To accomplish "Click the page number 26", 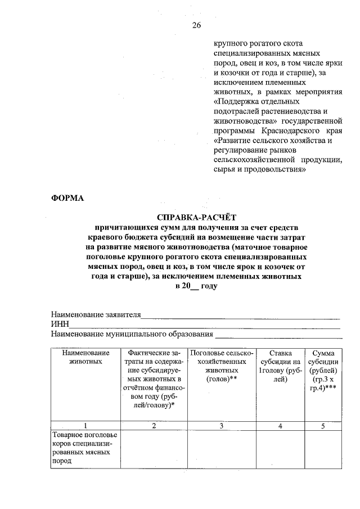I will (x=196, y=25).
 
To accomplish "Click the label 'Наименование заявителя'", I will (x=96, y=314).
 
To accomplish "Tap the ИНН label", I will (x=60, y=325).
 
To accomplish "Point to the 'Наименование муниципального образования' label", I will (x=132, y=334).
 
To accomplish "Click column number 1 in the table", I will (x=85, y=426).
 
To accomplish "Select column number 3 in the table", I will (x=222, y=426).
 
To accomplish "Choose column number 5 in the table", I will (x=323, y=426).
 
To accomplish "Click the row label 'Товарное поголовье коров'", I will (x=83, y=448).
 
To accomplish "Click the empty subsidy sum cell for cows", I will (x=323, y=448).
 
